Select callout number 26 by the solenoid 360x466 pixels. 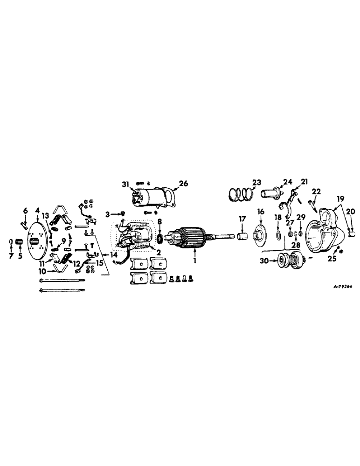(x=183, y=183)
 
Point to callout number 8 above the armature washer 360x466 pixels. (x=160, y=221)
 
